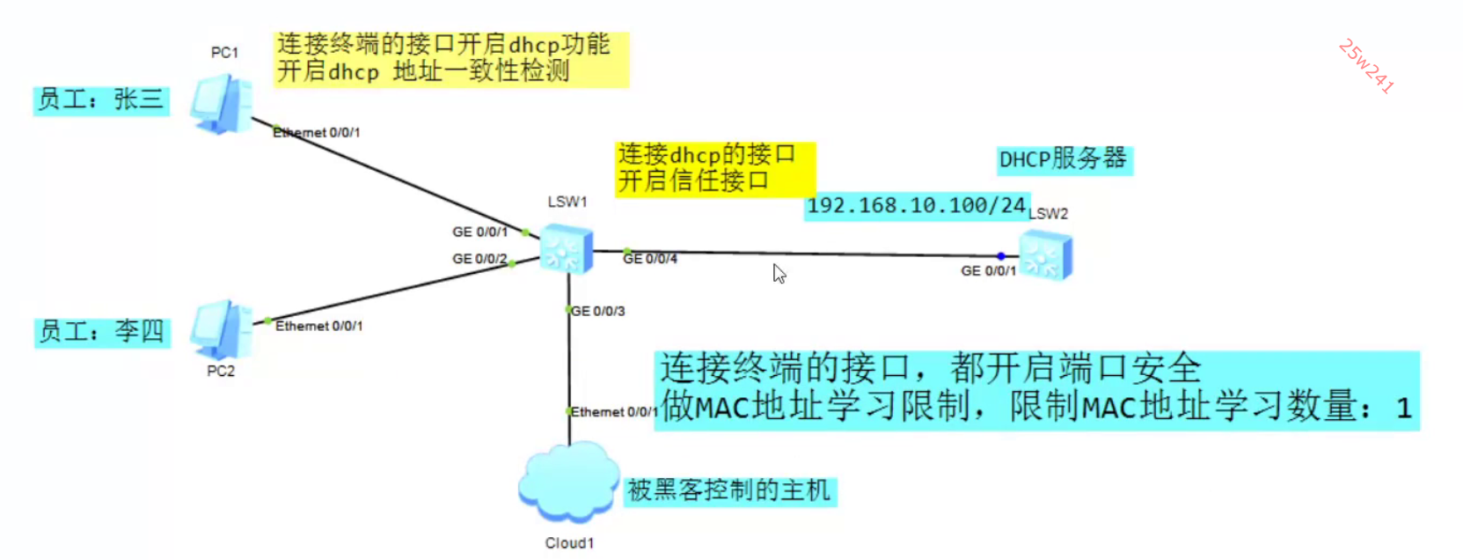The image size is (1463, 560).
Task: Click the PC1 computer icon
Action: tap(221, 105)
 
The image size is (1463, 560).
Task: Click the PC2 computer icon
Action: tap(221, 329)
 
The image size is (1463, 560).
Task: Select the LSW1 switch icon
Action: tap(566, 249)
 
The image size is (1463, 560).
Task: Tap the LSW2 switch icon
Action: tap(1046, 255)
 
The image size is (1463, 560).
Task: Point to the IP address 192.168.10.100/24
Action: tap(916, 206)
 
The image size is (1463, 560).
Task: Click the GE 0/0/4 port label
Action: tap(651, 259)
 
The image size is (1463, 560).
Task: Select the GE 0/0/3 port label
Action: tap(598, 311)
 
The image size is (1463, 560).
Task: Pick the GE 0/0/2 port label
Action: tap(479, 259)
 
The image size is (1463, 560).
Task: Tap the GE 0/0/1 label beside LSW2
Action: tap(988, 271)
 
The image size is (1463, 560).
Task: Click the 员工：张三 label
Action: tap(101, 99)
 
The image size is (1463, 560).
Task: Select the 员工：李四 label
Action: tap(101, 332)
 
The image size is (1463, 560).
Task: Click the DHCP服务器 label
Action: tap(1063, 159)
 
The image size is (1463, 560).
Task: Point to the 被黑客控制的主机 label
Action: tap(729, 490)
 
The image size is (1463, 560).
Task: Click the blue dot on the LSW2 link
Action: tap(1000, 256)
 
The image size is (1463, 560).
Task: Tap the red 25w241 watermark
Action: tap(1365, 66)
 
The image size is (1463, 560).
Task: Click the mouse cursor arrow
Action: tap(779, 273)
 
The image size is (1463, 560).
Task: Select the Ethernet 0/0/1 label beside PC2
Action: tap(318, 326)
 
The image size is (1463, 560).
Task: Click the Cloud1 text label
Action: tap(569, 543)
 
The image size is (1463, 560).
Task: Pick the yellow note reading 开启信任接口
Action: tap(693, 181)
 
